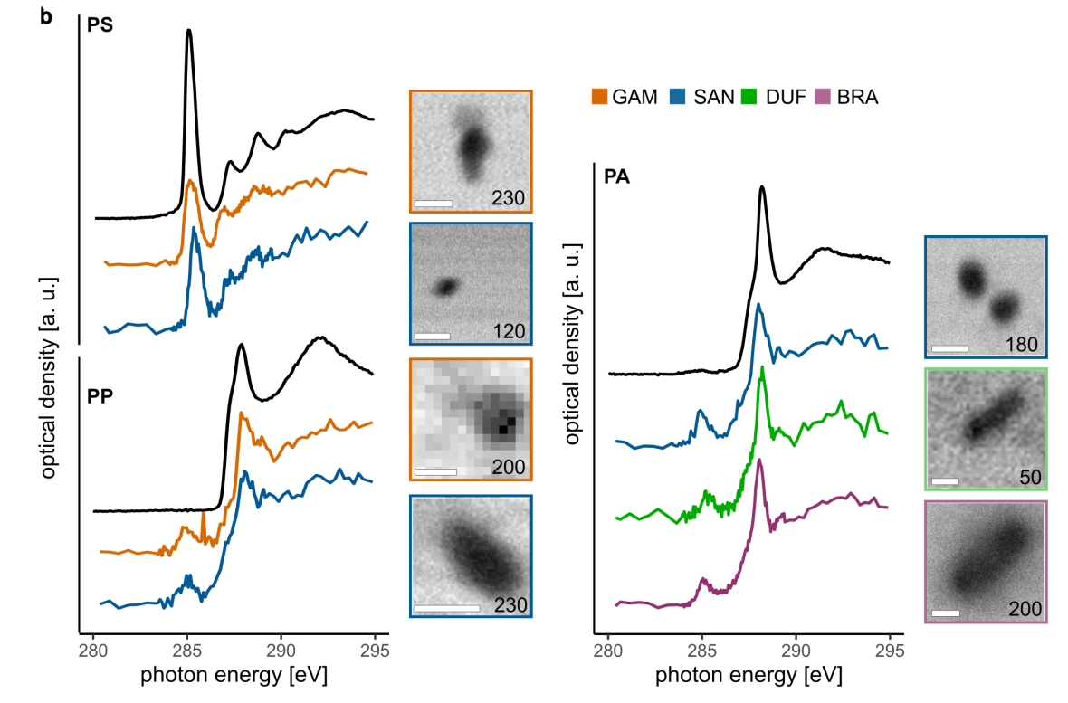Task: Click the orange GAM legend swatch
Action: [598, 96]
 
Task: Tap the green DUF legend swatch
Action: [749, 96]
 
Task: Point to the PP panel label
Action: [100, 397]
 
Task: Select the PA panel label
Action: [616, 177]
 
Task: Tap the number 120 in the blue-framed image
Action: [508, 332]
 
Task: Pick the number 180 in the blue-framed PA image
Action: [1021, 344]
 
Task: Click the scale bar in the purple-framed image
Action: [945, 613]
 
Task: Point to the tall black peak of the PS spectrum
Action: [188, 32]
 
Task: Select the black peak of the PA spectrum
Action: [762, 188]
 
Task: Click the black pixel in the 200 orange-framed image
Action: [505, 429]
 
